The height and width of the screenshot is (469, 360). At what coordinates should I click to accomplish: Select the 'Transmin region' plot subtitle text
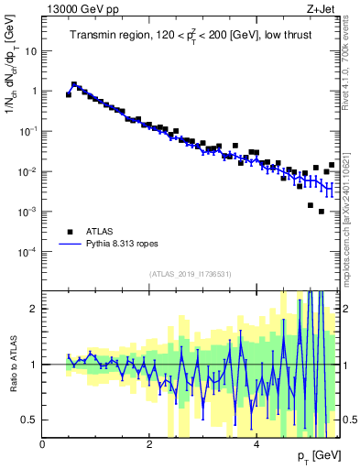tap(190, 36)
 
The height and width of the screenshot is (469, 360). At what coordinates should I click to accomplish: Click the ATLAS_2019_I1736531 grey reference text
tap(190, 274)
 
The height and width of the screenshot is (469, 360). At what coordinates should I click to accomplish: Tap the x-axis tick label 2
tap(149, 444)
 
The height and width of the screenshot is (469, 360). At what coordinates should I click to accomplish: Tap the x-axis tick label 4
tap(256, 444)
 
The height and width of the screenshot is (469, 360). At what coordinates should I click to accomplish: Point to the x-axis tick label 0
tap(43, 444)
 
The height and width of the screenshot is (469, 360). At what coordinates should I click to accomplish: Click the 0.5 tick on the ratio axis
tap(30, 420)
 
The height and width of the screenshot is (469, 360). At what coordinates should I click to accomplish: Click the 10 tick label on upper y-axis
tap(31, 51)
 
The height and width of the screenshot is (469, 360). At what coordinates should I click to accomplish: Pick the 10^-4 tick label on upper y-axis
tap(27, 251)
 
